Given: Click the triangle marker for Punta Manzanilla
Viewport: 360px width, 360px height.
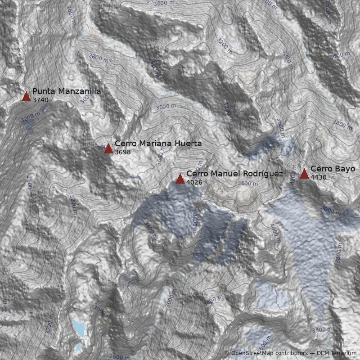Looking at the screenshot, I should (x=26, y=96).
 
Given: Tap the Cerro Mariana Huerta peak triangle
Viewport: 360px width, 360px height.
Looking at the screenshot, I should (x=108, y=148).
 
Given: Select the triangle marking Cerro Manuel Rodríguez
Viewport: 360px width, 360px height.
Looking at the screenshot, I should (x=180, y=179).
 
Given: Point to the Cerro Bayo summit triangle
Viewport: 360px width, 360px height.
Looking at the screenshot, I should (x=304, y=174).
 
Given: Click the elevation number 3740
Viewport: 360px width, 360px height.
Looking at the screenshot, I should (x=40, y=100).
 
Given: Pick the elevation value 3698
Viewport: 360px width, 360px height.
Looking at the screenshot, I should (x=122, y=152).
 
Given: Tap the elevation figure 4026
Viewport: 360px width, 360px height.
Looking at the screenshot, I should (x=194, y=182).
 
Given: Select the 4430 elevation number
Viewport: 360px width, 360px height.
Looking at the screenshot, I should (x=318, y=177).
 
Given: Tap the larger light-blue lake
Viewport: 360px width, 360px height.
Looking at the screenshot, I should (x=79, y=328).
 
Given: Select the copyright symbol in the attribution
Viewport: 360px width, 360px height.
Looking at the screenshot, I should (x=227, y=353).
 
